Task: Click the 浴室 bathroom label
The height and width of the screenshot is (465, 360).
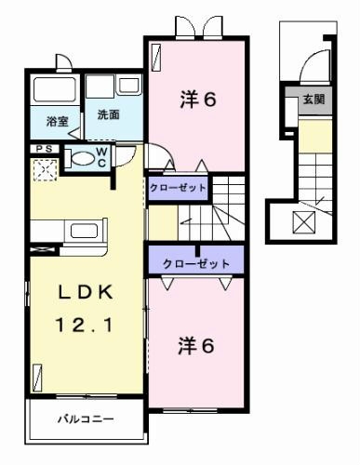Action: [x=57, y=121]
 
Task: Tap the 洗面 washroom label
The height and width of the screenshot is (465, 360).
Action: [x=108, y=114]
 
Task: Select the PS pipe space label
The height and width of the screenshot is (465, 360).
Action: [x=45, y=149]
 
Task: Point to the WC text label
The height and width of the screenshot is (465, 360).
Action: [x=101, y=157]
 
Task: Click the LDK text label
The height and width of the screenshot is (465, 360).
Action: [x=86, y=292]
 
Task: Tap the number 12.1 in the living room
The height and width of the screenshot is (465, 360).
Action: [x=84, y=325]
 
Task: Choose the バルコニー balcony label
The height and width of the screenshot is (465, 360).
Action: [x=86, y=419]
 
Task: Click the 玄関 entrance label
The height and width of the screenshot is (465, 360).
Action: [x=313, y=100]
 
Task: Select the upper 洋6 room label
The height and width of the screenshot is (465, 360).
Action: [x=198, y=100]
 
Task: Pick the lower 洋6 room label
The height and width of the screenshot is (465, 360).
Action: [x=196, y=346]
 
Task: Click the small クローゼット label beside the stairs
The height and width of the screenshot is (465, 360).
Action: [x=178, y=188]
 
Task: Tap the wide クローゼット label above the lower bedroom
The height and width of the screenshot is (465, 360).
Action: [x=196, y=264]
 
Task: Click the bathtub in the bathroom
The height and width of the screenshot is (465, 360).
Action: [x=55, y=89]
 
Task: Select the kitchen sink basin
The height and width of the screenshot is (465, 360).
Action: [x=84, y=231]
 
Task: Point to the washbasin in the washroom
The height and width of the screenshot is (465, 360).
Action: [x=130, y=85]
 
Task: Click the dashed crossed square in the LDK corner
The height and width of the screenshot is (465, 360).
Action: [x=46, y=169]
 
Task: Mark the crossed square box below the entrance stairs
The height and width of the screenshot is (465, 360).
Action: [x=304, y=222]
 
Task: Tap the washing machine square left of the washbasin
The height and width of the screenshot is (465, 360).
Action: [x=100, y=86]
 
